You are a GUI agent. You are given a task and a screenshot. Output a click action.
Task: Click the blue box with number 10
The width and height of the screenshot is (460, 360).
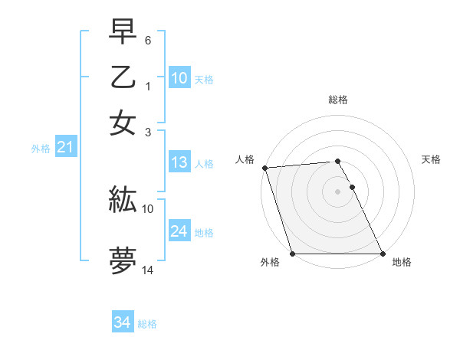coord(179,77)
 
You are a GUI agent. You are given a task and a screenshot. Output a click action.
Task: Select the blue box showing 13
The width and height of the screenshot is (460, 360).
coord(179,162)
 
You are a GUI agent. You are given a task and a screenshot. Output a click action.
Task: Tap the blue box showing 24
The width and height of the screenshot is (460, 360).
coord(179,231)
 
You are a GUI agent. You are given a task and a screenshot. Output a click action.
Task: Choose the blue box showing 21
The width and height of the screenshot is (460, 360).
coord(64,147)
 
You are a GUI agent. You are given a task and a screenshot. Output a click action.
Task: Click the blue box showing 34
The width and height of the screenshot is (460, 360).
coord(122,323)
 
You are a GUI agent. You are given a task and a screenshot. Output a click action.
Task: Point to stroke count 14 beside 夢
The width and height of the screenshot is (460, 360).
coord(148,270)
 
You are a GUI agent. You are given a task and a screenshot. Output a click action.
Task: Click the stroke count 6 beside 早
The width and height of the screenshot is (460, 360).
coord(148,39)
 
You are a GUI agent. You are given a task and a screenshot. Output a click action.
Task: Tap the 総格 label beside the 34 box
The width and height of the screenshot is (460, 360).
coord(147,324)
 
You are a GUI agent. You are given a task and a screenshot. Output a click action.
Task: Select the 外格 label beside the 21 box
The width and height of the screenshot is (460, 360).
coord(40,149)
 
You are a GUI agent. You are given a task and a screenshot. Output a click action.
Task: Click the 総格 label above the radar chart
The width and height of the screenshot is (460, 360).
coord(337,100)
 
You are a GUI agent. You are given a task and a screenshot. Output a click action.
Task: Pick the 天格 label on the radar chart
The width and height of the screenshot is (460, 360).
coord(431,159)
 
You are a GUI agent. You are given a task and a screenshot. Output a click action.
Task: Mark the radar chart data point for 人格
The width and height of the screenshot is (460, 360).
coord(264,168)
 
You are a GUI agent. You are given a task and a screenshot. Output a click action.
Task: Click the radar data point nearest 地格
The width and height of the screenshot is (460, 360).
coord(382,254)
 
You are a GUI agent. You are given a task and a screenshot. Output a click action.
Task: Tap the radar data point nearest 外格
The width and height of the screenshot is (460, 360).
coord(293,254)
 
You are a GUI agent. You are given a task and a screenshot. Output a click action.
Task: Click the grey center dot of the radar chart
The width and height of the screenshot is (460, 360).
coord(337,191)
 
